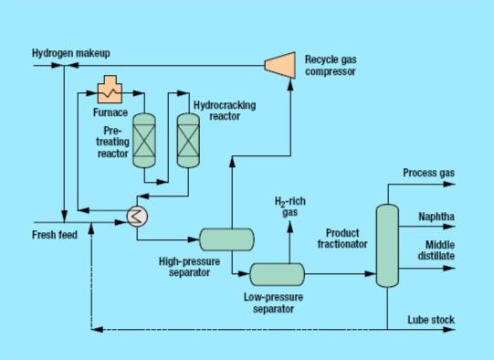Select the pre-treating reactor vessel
[145, 141]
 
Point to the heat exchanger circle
[139, 216]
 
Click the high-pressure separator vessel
[226, 238]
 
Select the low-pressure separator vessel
[277, 273]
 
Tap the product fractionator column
[387, 242]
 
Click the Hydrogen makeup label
[67, 53]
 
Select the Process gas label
[428, 173]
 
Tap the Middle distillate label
[438, 250]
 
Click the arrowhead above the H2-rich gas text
[289, 188]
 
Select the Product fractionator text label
[342, 238]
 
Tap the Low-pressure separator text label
[273, 302]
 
